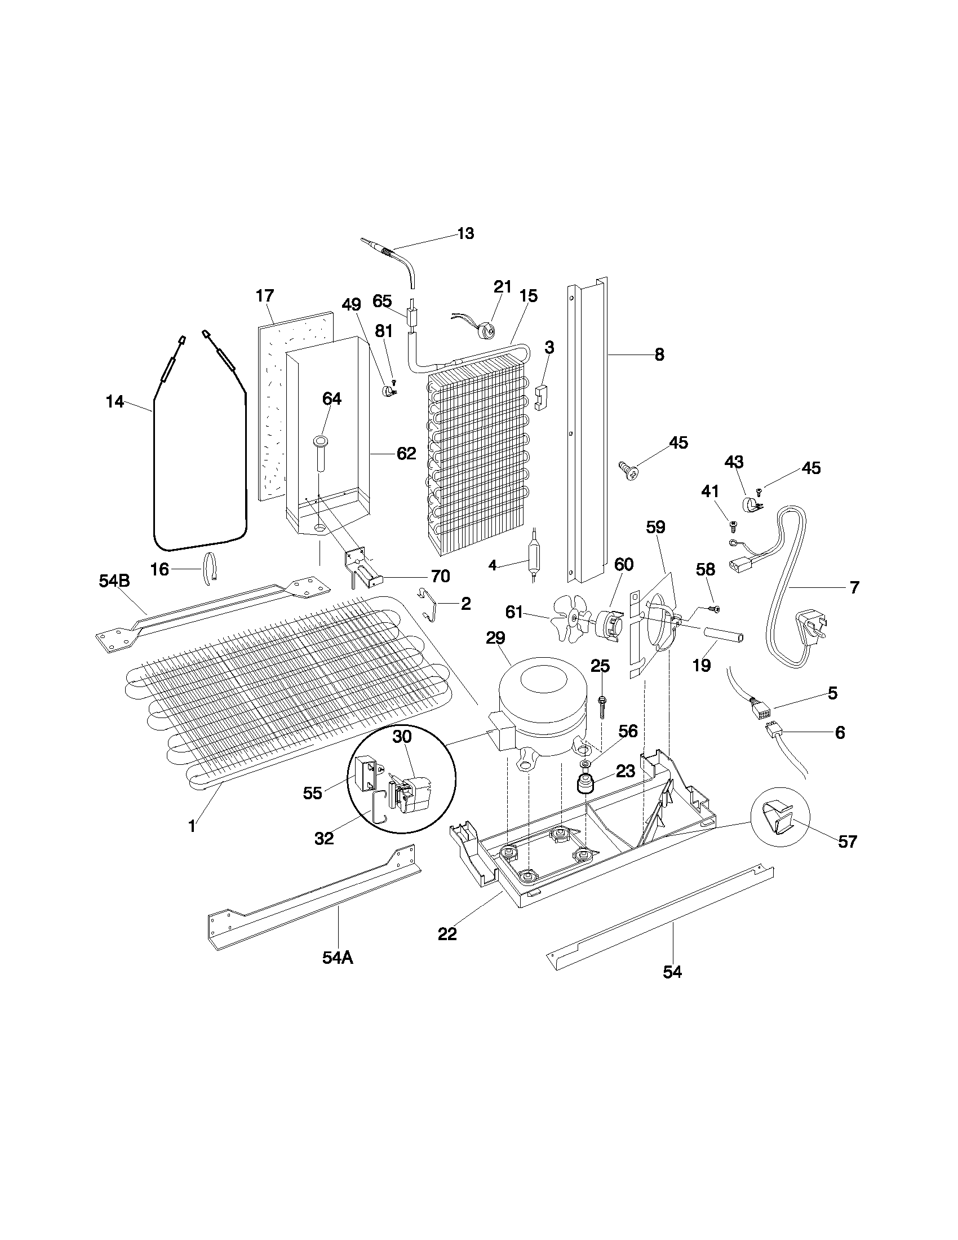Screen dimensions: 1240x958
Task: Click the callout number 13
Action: (465, 233)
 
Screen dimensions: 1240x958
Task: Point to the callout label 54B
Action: (114, 580)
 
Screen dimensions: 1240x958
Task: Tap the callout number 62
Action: (406, 454)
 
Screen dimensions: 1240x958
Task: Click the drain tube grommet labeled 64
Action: (319, 442)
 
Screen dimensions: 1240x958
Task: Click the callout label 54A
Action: (338, 957)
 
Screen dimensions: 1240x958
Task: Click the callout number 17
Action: (264, 296)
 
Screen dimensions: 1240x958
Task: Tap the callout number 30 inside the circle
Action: (402, 737)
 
